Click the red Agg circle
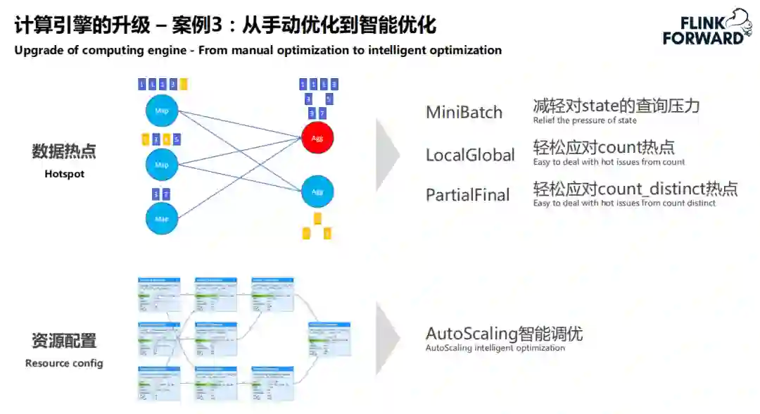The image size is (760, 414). tap(317, 138)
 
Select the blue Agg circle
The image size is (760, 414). tap(317, 191)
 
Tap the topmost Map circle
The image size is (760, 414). tap(162, 111)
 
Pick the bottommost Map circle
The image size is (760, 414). tap(162, 218)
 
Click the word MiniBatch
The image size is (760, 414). tap(464, 112)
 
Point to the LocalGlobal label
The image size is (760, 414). tap(470, 155)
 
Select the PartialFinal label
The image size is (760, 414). tap(467, 195)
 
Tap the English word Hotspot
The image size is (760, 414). tap(64, 174)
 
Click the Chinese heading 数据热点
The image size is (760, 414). tap(64, 151)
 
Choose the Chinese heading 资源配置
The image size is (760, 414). tap(64, 341)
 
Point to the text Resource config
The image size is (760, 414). tap(64, 363)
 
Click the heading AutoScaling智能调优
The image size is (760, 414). tap(504, 333)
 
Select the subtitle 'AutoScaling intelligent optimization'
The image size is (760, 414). tap(495, 348)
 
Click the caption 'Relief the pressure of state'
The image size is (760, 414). tap(585, 120)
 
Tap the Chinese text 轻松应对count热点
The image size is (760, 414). tap(604, 147)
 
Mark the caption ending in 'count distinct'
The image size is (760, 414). tap(624, 203)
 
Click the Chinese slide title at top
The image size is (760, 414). tap(225, 26)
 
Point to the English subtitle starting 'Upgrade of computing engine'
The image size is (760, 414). tap(258, 51)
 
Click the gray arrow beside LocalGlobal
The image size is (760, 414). tap(388, 155)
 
